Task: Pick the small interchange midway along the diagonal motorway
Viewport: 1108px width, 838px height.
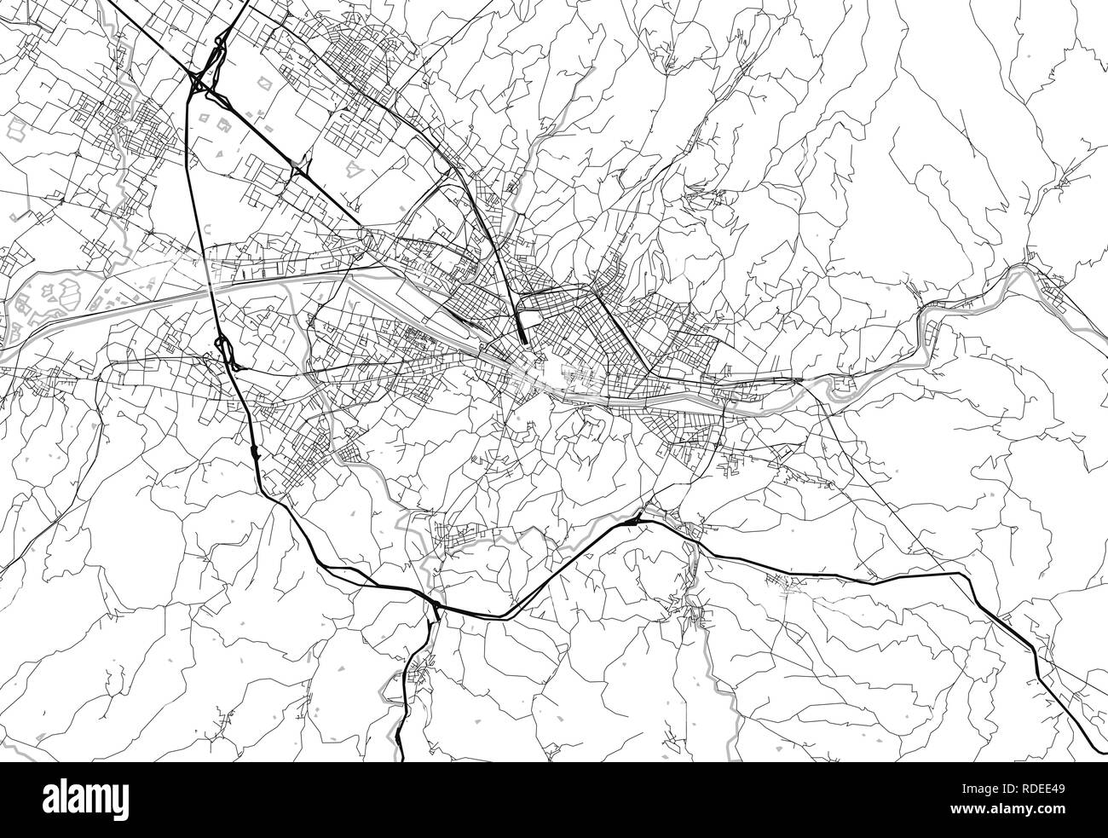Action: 301,166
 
